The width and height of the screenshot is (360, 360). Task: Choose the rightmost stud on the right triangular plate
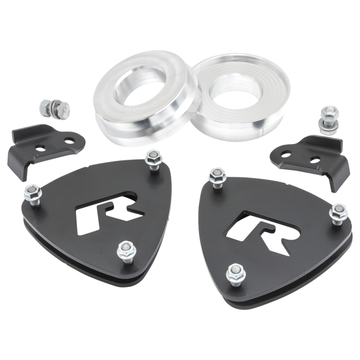pyautogui.click(x=339, y=212)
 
